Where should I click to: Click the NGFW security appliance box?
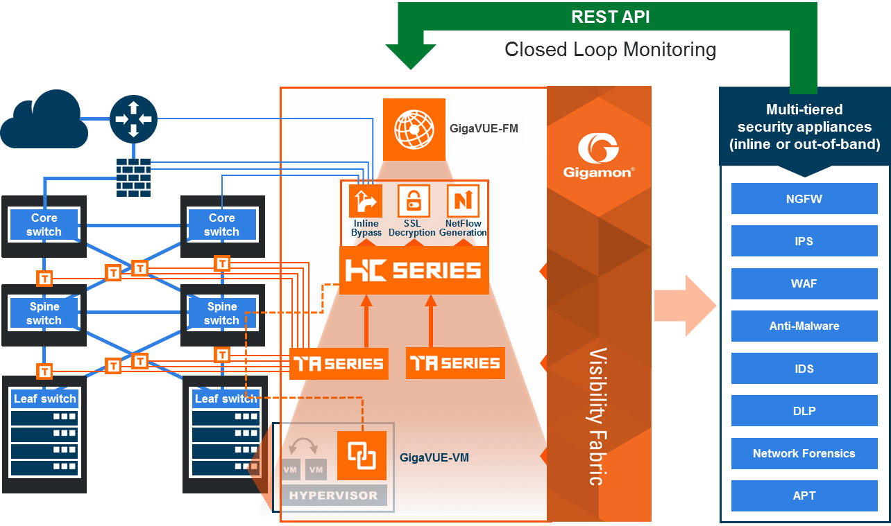[804, 199]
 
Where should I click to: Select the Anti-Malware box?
[804, 326]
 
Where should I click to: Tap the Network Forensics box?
[804, 453]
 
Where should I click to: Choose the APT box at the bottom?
[804, 496]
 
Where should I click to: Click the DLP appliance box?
[804, 411]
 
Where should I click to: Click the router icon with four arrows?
[133, 119]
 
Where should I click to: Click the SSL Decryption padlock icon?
[413, 201]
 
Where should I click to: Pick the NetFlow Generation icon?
[463, 201]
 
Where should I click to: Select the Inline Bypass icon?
[365, 201]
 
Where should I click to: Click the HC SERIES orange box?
[414, 270]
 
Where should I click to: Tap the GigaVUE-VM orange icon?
[362, 455]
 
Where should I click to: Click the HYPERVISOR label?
[333, 496]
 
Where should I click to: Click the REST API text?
[610, 17]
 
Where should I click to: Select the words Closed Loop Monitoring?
[610, 50]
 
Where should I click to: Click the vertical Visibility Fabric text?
[598, 416]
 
